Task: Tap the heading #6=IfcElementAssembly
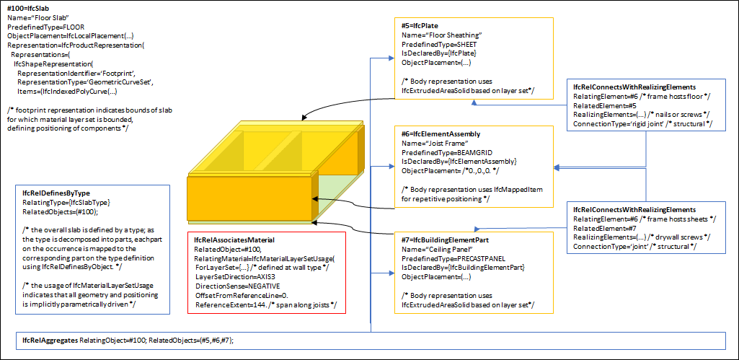click(441, 134)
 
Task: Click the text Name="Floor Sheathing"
click(441, 35)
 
